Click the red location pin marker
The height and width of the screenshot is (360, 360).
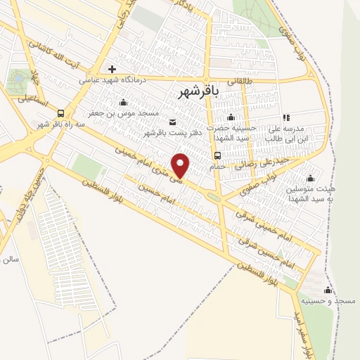click(x=181, y=165)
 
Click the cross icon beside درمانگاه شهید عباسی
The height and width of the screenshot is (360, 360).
click(x=112, y=69)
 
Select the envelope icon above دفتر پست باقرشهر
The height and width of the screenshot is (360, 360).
click(x=174, y=122)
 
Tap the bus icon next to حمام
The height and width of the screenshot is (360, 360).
click(x=217, y=156)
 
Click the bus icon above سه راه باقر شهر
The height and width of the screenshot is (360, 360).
click(x=62, y=113)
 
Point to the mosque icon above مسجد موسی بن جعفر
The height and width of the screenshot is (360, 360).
click(x=124, y=103)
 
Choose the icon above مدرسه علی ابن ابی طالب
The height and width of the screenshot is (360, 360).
click(x=285, y=118)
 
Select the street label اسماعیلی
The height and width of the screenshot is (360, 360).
click(x=31, y=99)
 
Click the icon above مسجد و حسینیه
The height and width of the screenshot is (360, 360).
click(x=327, y=290)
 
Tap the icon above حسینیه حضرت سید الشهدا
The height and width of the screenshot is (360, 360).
click(x=230, y=116)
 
